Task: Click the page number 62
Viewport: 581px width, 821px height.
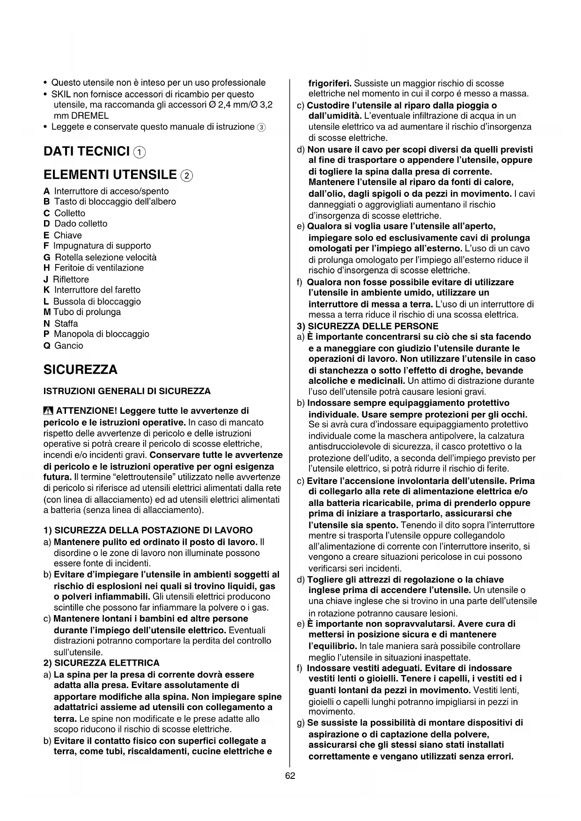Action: (290, 776)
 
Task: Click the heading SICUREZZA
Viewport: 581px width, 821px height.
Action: (80, 370)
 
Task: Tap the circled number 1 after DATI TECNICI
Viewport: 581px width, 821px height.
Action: (140, 152)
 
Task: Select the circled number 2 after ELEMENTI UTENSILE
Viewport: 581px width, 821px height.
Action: (186, 176)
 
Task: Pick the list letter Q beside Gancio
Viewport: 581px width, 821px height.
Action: (46, 346)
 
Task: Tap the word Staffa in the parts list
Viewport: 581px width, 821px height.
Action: (66, 323)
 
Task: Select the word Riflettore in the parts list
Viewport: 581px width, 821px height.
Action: (71, 279)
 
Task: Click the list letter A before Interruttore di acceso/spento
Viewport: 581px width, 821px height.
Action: (46, 191)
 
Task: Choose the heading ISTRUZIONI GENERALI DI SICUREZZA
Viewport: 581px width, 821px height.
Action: (127, 391)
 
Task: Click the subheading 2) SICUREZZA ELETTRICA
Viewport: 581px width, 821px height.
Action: (102, 663)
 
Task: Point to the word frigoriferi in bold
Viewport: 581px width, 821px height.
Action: (330, 83)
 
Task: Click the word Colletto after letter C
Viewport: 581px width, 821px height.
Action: (70, 213)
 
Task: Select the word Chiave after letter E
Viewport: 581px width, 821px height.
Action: (68, 235)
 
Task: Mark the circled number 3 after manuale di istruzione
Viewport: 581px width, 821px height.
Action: (261, 127)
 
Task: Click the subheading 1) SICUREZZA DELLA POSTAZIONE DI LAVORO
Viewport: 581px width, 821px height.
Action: (148, 530)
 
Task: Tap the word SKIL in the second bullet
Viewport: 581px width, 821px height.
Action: (61, 94)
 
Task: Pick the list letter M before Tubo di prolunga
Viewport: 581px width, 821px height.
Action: (47, 312)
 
